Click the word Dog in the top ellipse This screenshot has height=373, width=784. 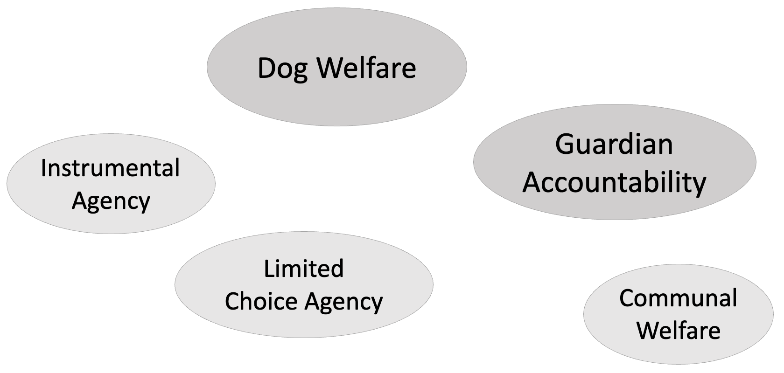coord(282,69)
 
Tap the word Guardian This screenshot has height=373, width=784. coord(614,144)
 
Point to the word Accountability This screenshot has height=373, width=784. coord(614,182)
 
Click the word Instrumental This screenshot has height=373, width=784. coord(110,168)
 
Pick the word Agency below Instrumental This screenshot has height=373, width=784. coord(111,202)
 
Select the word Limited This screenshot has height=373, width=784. coord(304,269)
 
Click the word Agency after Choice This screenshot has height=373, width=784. coord(344,302)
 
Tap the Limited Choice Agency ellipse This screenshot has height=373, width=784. coord(304,326)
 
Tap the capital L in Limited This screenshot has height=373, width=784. coord(268,269)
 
